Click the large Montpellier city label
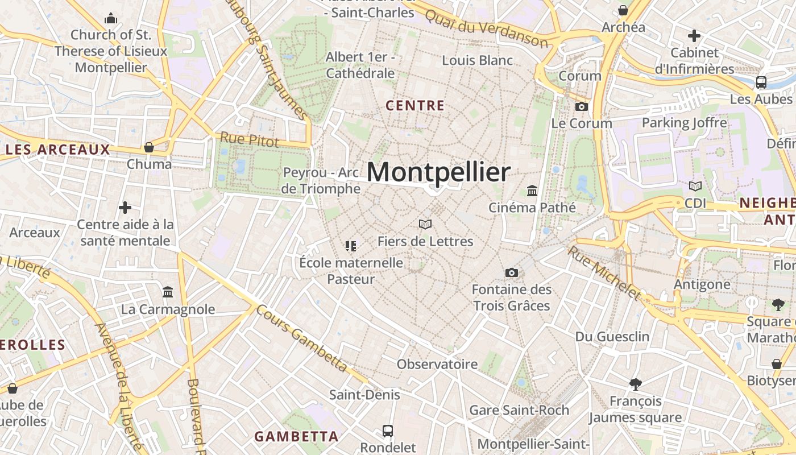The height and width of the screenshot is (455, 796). tap(438, 172)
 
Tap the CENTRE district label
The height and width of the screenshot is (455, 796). tap(415, 106)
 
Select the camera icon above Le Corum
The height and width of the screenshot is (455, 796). tap(581, 106)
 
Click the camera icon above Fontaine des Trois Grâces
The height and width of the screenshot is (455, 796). tap(511, 273)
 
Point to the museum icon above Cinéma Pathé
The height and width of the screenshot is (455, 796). tap(532, 191)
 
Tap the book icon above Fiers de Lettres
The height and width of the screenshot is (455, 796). tap(425, 224)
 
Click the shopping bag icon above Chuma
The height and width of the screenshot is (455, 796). tap(149, 147)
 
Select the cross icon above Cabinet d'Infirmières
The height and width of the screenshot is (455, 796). tap(694, 36)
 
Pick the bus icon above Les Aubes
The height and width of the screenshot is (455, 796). tap(761, 82)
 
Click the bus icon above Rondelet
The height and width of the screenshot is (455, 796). tap(388, 431)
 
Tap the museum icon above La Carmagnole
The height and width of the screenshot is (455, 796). tap(168, 292)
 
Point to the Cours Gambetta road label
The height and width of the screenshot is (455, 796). tap(301, 338)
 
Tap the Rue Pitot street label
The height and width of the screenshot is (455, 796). tap(250, 139)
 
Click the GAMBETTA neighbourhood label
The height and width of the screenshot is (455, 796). tap(296, 437)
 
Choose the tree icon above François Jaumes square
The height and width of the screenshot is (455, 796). tap(635, 384)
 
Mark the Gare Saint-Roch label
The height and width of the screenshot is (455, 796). tap(519, 410)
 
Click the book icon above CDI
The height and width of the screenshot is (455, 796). tap(695, 186)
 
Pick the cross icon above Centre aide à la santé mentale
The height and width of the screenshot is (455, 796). tap(125, 208)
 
